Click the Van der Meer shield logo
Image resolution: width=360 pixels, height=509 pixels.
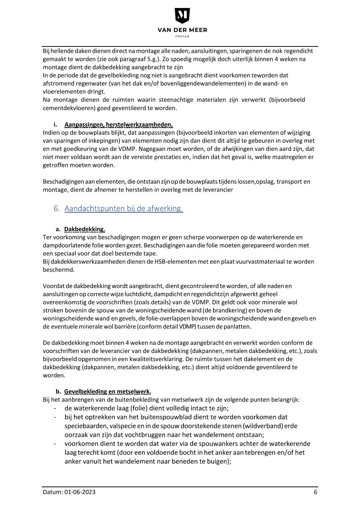[182, 16]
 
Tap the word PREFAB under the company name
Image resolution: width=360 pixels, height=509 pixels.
[182, 36]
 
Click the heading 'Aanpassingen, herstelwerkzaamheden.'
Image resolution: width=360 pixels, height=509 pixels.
[119, 125]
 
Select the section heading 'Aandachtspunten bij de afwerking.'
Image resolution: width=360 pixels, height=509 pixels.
[124, 208]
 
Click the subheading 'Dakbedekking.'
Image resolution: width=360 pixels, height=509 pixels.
[85, 229]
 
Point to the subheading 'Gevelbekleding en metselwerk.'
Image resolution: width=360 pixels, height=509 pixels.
[107, 391]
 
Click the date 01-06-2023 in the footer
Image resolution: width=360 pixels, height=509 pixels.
[80, 492]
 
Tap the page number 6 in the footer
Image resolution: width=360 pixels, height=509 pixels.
[315, 492]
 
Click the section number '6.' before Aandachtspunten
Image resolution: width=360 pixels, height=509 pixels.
[57, 208]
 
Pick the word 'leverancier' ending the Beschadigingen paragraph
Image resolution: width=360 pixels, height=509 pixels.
[217, 190]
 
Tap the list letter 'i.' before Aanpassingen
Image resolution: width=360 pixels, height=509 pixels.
[56, 125]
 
